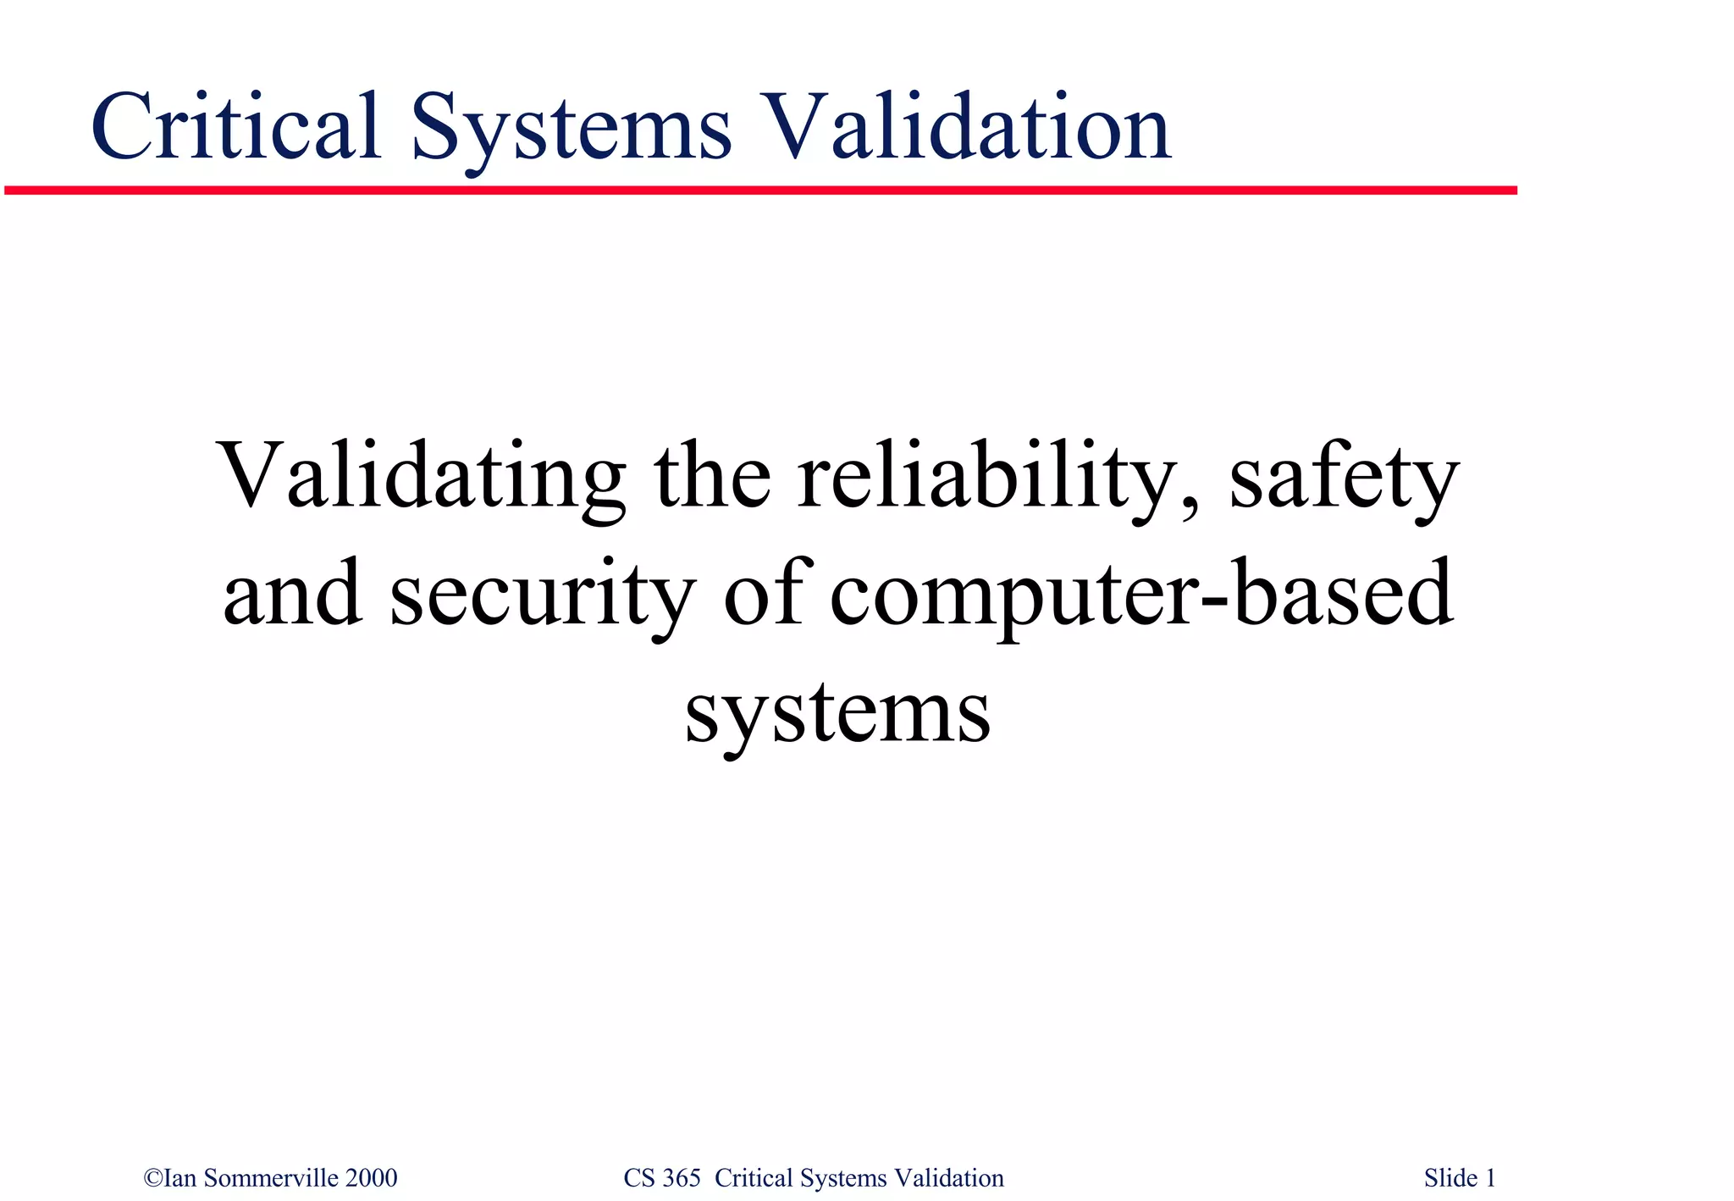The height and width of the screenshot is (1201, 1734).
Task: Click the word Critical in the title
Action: pyautogui.click(x=235, y=127)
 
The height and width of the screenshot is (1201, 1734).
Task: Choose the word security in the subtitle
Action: pyautogui.click(x=543, y=595)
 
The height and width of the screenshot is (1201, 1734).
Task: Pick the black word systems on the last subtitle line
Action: pyautogui.click(x=837, y=713)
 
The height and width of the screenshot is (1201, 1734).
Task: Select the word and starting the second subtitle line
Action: pyautogui.click(x=293, y=595)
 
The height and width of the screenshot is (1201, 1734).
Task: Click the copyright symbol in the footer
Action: pyautogui.click(x=153, y=1178)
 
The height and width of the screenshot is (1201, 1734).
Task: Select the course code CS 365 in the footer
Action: pyautogui.click(x=661, y=1178)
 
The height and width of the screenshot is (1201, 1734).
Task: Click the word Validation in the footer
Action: pyautogui.click(x=949, y=1178)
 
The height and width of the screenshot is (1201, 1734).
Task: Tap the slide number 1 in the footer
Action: pyautogui.click(x=1490, y=1178)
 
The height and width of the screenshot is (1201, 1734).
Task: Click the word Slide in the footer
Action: pyautogui.click(x=1450, y=1178)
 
